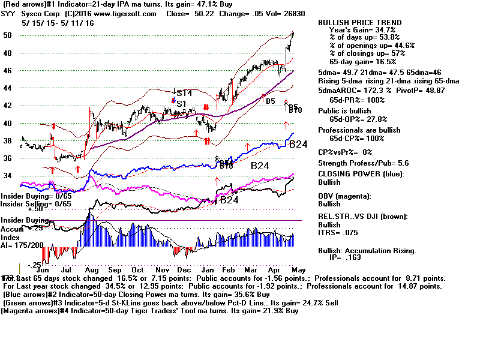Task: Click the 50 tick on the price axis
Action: (7, 35)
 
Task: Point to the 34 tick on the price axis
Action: (7, 176)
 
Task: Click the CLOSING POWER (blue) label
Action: (361, 174)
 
